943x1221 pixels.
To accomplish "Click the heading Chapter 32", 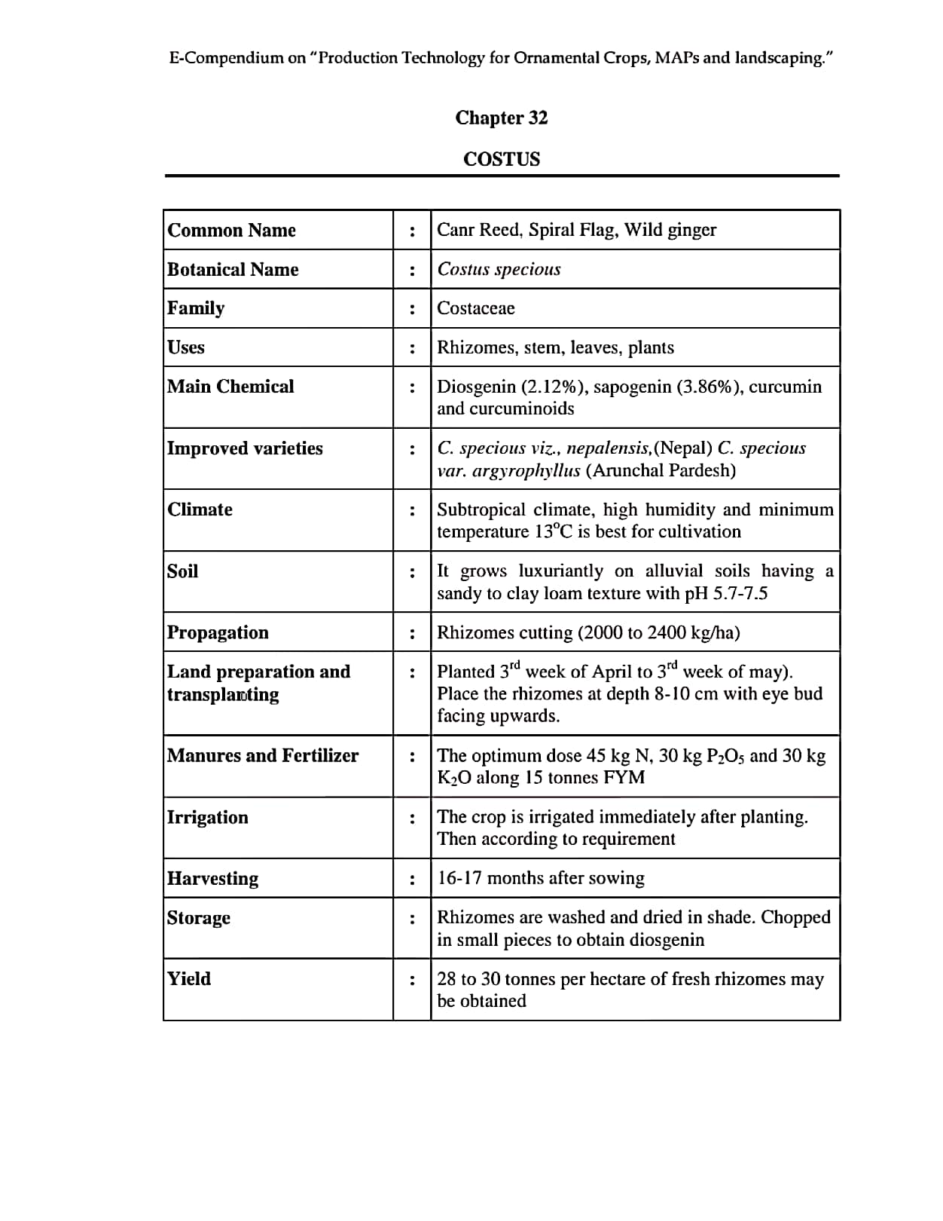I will (501, 118).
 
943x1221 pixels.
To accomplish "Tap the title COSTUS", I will (502, 159).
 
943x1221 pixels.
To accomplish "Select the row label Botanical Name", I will (233, 269).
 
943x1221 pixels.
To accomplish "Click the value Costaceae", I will (476, 308).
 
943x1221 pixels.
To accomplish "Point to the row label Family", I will (196, 308).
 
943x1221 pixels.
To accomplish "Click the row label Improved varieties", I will (245, 448).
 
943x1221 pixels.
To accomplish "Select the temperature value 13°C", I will (554, 531).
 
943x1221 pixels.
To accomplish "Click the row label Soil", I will (182, 571).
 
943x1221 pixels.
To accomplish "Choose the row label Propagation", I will (218, 632).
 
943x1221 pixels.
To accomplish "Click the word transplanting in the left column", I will (223, 694).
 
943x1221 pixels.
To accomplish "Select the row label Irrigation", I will (207, 818).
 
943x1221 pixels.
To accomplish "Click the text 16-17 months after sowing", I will (541, 878).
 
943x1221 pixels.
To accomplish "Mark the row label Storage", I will (199, 918).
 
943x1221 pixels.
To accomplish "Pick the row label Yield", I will (189, 979).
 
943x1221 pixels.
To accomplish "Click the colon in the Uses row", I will (412, 348).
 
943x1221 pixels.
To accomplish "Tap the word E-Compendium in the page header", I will (226, 58).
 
